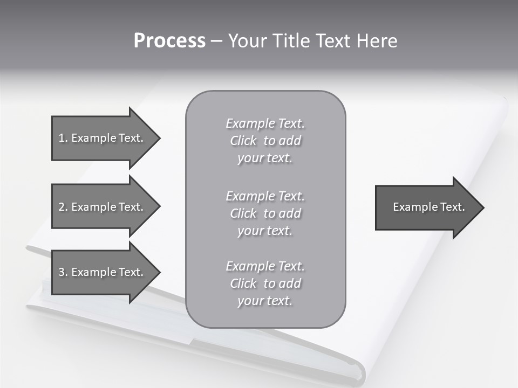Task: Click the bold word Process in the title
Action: (x=169, y=41)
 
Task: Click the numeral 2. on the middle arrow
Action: (x=63, y=207)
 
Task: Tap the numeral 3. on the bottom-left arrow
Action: (x=63, y=272)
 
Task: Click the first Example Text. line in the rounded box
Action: (x=265, y=123)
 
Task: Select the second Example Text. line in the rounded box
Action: (x=265, y=196)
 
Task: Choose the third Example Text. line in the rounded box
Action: (x=265, y=266)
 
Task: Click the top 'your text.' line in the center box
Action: (x=264, y=158)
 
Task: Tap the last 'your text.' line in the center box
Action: (x=264, y=301)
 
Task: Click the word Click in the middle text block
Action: (x=243, y=213)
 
